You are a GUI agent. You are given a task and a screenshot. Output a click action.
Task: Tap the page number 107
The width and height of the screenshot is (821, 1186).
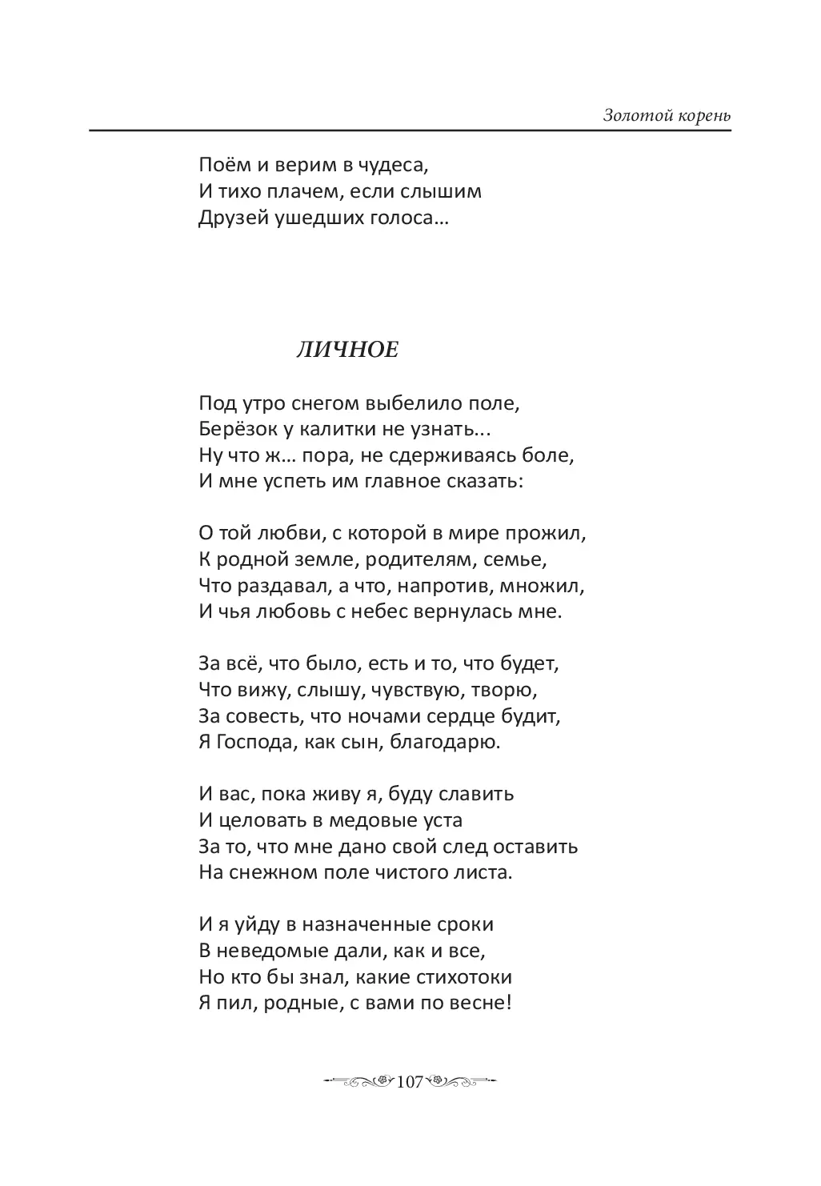tap(409, 1082)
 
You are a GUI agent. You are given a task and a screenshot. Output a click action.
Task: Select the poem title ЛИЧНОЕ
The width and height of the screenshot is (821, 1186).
tap(346, 350)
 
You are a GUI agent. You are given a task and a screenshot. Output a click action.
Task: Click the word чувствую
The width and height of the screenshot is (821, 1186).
tap(407, 689)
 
